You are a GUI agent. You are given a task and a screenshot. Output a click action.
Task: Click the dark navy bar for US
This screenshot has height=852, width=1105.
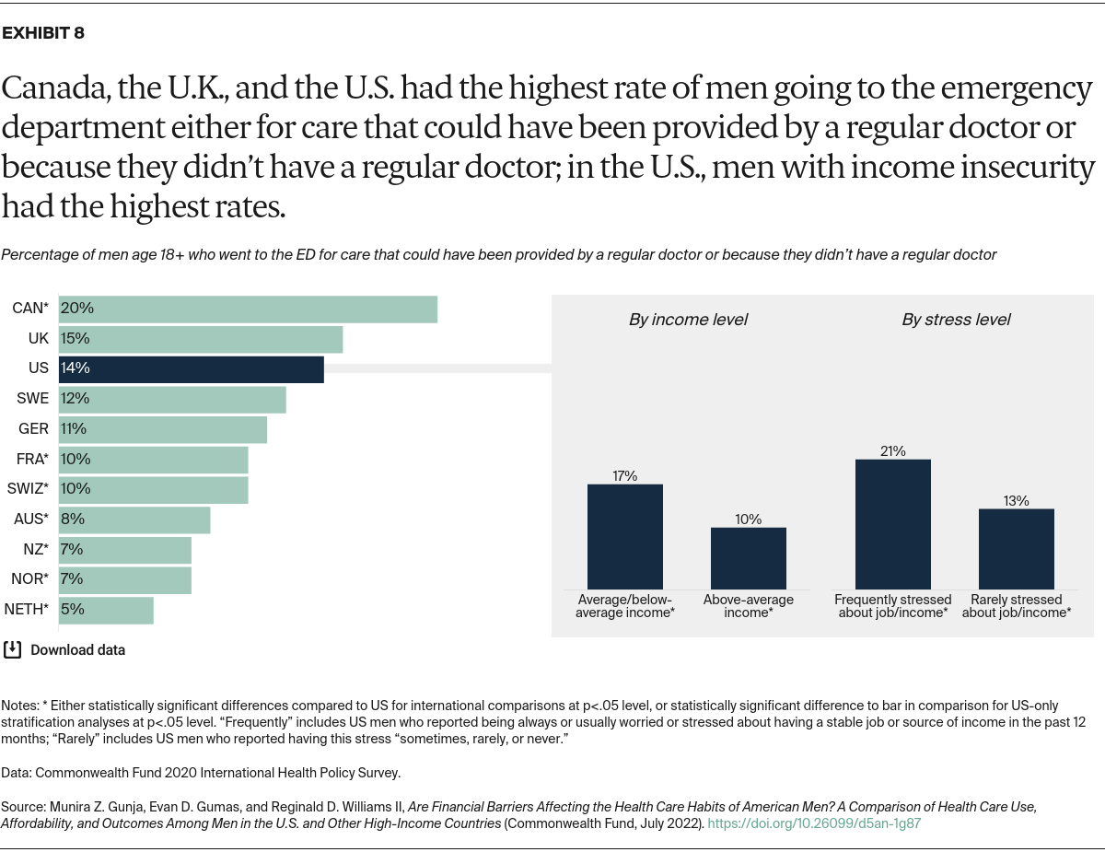[x=191, y=368]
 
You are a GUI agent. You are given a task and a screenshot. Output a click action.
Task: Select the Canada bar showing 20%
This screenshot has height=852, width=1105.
[x=248, y=309]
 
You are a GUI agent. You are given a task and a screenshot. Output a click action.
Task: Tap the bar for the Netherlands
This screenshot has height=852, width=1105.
[x=106, y=610]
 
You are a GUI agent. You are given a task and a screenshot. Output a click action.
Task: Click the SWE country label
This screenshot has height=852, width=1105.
[x=33, y=399]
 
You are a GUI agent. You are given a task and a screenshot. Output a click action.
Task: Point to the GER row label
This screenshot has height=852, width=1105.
[x=33, y=429]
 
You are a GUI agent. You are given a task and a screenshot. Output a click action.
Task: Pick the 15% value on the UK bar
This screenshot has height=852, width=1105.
[x=76, y=339]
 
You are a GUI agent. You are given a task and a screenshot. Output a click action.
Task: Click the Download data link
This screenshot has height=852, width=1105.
[x=77, y=650]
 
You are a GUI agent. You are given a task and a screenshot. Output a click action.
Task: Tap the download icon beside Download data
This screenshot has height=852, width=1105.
[x=12, y=649]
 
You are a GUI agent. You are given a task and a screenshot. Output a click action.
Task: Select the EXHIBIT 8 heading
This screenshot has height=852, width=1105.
[x=43, y=33]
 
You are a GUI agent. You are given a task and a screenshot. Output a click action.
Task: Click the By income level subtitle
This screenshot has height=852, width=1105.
[x=688, y=321]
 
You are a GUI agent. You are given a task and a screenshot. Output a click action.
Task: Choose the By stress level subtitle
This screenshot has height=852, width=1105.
[x=955, y=321]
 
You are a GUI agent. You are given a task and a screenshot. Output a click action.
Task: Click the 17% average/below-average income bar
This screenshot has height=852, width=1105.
[x=625, y=537]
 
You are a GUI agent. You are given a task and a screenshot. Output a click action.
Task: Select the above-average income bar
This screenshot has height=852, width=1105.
[x=748, y=558]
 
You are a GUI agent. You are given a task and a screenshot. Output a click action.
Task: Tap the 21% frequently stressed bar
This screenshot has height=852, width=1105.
[x=892, y=524]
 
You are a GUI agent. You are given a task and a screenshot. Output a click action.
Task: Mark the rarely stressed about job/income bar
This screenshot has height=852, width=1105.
[x=1016, y=549]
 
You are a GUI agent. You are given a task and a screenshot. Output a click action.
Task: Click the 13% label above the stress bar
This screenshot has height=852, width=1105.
[x=1017, y=501]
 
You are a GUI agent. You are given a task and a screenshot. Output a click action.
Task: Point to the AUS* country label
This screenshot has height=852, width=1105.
[x=31, y=519]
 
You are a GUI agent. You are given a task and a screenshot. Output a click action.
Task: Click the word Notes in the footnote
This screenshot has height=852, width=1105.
[x=19, y=704]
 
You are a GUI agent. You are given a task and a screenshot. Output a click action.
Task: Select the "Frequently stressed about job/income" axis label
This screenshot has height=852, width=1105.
[x=892, y=606]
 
